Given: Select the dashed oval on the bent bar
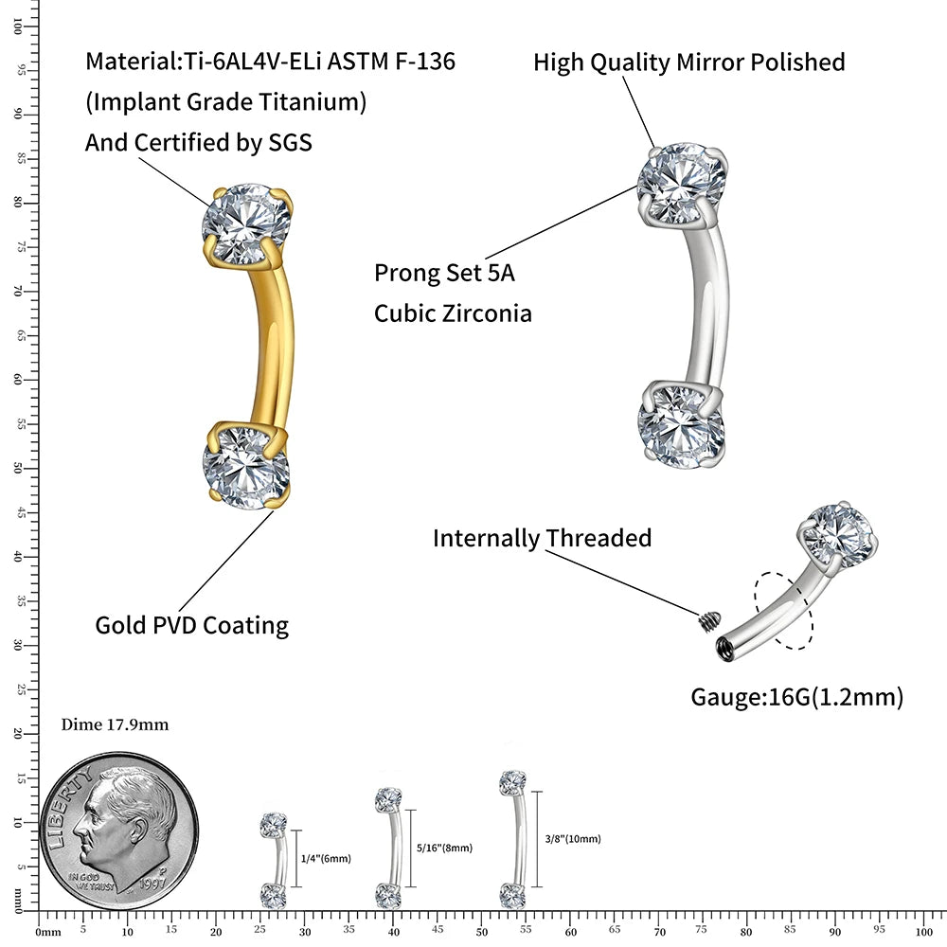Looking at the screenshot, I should tap(783, 610).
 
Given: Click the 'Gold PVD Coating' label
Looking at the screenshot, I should tap(191, 625).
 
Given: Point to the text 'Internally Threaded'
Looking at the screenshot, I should tap(542, 538).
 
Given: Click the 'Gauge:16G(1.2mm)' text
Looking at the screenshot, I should tap(796, 698).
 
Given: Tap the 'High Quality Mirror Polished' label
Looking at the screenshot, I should tap(688, 63).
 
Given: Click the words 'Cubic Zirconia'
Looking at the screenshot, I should tap(453, 313).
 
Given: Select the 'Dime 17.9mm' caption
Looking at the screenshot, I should tap(115, 725).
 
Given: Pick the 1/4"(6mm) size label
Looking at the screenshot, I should tap(325, 859).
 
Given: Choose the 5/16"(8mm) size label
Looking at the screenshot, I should tap(444, 849).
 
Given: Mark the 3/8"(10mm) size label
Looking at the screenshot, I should tap(573, 839).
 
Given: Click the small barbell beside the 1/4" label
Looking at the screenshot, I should tap(274, 858).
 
